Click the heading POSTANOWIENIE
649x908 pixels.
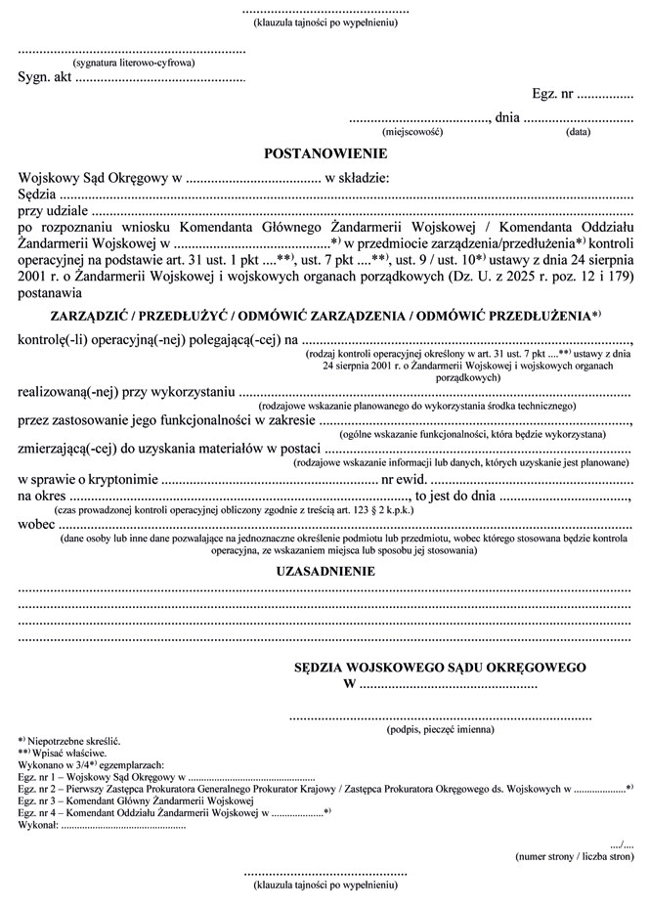pyautogui.click(x=325, y=153)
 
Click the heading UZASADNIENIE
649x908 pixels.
pyautogui.click(x=326, y=571)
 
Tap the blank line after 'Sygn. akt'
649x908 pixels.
pyautogui.click(x=159, y=78)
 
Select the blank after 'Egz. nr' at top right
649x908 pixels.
pyautogui.click(x=605, y=96)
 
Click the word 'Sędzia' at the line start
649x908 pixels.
pyautogui.click(x=38, y=194)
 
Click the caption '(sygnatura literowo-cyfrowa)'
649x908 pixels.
pyautogui.click(x=134, y=63)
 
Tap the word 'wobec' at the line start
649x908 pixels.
pyautogui.click(x=37, y=522)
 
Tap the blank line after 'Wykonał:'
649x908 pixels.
pyautogui.click(x=122, y=824)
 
